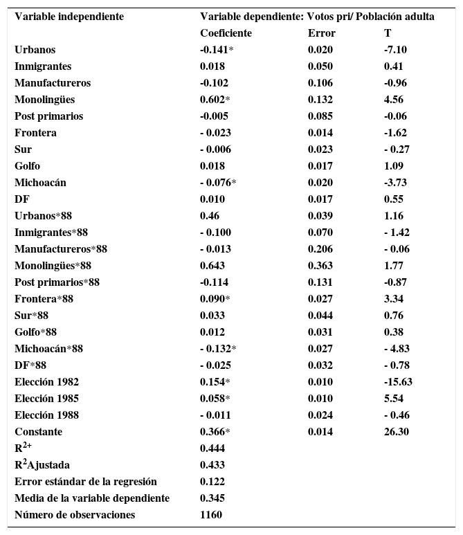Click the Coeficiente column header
[x=226, y=33]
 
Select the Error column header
[x=321, y=33]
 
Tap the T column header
[x=388, y=33]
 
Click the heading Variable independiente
[x=69, y=17]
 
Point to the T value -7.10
[x=395, y=50]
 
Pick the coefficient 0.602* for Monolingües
[x=215, y=100]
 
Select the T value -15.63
[x=398, y=382]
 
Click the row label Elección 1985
[x=46, y=399]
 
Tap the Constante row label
[x=38, y=432]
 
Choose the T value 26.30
[x=396, y=432]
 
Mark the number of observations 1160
[x=211, y=515]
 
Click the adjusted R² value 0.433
[x=212, y=465]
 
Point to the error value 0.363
[x=320, y=266]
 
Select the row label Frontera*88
[x=44, y=299]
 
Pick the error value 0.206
[x=320, y=249]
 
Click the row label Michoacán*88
[x=48, y=349]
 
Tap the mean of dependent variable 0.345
[x=212, y=498]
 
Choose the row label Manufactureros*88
[x=61, y=249]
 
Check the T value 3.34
[x=394, y=299]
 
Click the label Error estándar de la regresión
[x=86, y=482]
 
